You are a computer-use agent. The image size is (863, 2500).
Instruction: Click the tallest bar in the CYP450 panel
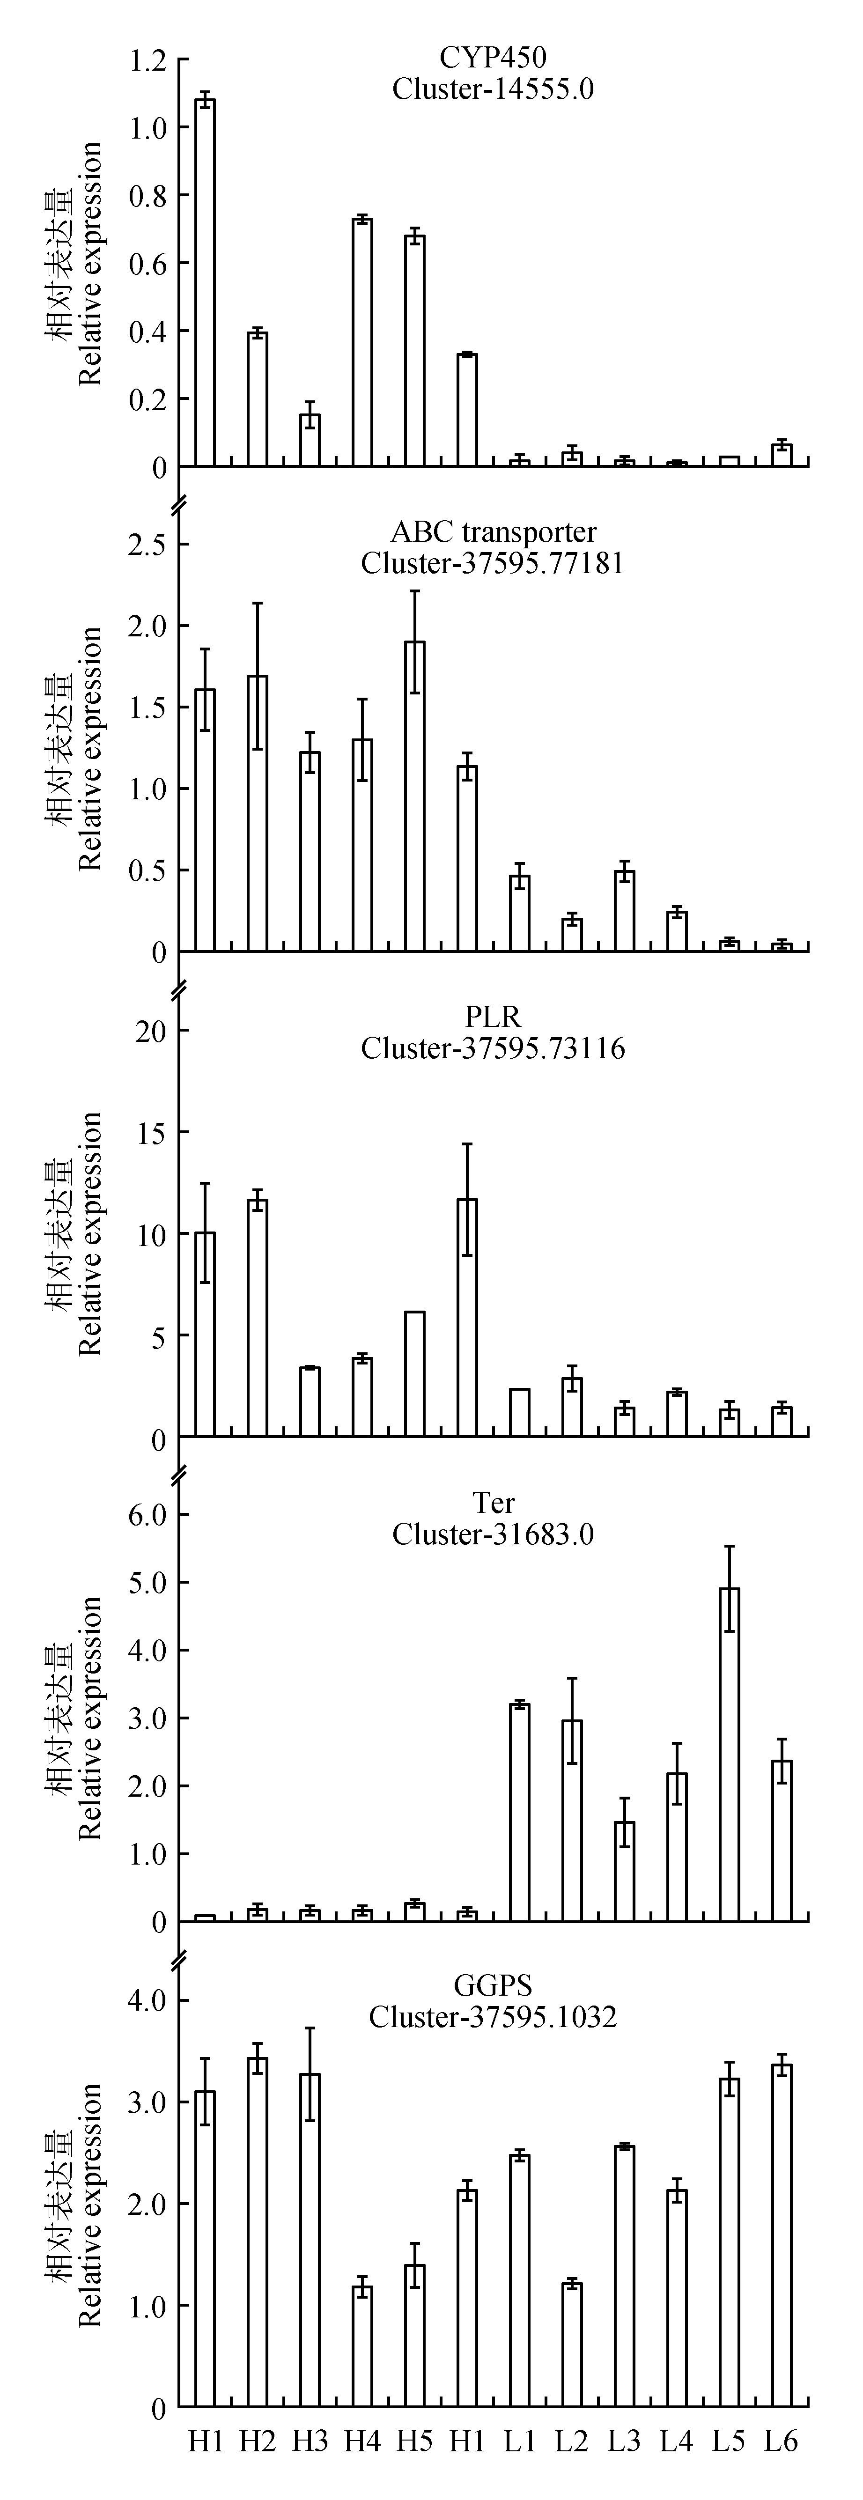pos(205,281)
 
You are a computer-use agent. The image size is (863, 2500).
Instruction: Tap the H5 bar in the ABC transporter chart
pos(414,796)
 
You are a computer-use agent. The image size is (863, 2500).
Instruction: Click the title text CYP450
pos(493,59)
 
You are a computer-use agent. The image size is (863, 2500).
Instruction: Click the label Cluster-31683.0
pos(493,1534)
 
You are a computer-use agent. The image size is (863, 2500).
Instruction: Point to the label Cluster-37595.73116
pos(493,1048)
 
